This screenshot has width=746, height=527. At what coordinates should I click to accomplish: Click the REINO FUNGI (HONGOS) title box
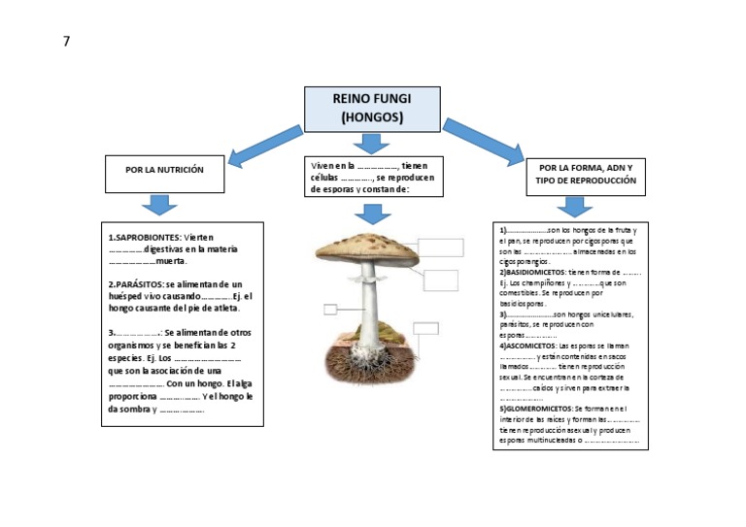[x=372, y=109]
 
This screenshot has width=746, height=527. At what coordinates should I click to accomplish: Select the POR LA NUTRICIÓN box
[x=164, y=170]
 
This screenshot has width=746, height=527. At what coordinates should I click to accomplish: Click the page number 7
[x=67, y=41]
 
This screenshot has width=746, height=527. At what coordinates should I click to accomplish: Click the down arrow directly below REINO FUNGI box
[x=371, y=144]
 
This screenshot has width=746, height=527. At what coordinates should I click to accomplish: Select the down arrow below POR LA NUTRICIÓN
[x=159, y=204]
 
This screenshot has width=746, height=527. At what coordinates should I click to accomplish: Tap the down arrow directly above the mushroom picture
[x=371, y=214]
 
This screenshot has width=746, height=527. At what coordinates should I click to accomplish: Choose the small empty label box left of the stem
[x=330, y=310]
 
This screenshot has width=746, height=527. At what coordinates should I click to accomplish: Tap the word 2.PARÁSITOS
[x=136, y=283]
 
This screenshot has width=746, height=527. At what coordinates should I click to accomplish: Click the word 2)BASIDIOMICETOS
[x=533, y=273]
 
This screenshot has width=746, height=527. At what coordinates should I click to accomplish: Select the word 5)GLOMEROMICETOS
[x=535, y=409]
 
